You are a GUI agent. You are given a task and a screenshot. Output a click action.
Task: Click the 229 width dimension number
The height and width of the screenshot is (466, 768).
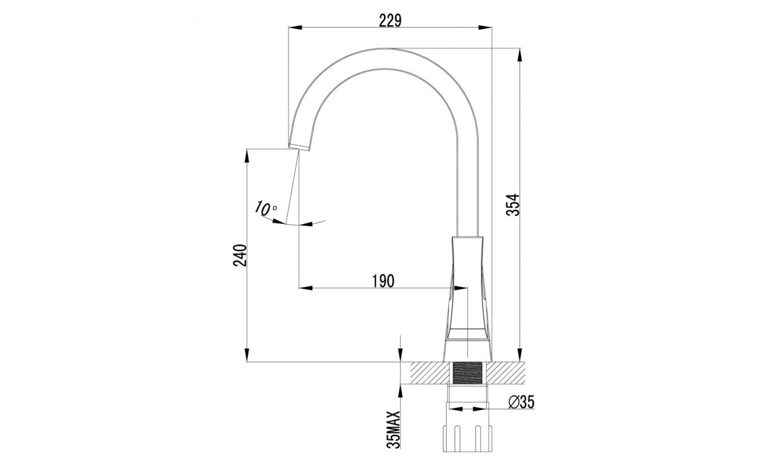coord(390,21)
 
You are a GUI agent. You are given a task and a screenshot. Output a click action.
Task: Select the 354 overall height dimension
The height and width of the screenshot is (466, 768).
coord(513,205)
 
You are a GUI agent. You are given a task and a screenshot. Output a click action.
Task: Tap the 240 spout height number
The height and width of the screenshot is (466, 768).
coord(240,255)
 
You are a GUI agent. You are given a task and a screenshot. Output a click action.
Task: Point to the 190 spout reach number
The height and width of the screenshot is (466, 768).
coord(383,281)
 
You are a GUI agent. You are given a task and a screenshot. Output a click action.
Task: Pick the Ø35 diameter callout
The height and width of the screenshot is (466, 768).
coord(522,402)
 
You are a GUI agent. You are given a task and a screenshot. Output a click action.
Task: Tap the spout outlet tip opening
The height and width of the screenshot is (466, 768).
coord(300,147)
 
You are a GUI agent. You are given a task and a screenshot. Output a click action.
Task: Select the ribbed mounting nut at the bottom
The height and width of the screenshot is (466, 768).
coord(467,438)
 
